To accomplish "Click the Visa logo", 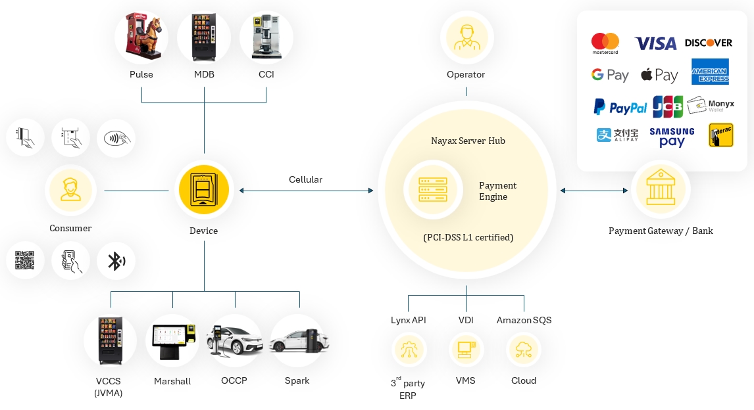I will (x=655, y=43).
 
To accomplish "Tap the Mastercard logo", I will (x=605, y=43).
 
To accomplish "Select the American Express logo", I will (x=710, y=72).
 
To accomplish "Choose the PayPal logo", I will (x=620, y=106).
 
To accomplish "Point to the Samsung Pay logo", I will (x=672, y=137).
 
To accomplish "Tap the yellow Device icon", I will (x=203, y=191).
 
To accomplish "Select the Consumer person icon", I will (x=70, y=191).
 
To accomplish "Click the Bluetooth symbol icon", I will (x=116, y=261).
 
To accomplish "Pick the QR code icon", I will (x=25, y=261).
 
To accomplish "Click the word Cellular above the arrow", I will (x=305, y=179).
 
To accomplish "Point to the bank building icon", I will (x=660, y=190).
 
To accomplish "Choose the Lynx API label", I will (x=408, y=320).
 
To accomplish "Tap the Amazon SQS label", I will (x=524, y=320).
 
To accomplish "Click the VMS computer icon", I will (x=466, y=350).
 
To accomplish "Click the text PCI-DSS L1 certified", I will (x=468, y=237).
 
